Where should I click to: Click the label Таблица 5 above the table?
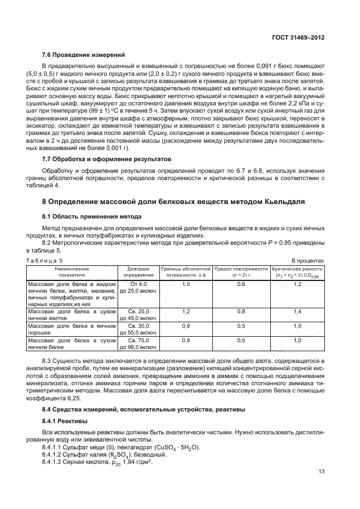(x=45, y=260)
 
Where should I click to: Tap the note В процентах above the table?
(x=308, y=260)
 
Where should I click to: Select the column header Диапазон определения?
(x=138, y=272)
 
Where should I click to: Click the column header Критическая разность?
(x=296, y=272)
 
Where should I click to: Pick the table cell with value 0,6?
(x=241, y=284)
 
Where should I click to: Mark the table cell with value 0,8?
(x=241, y=312)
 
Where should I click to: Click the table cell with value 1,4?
(x=297, y=312)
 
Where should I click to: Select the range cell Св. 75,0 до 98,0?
(x=138, y=343)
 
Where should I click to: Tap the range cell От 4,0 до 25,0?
(x=138, y=288)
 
